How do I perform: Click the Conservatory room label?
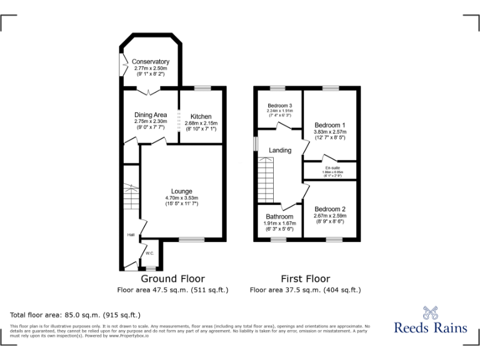pyautogui.click(x=151, y=62)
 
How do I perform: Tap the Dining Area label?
pyautogui.click(x=151, y=115)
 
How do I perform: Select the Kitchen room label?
pyautogui.click(x=201, y=117)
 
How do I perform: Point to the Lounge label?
pyautogui.click(x=182, y=191)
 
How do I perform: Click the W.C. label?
pyautogui.click(x=150, y=253)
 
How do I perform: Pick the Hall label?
pyautogui.click(x=131, y=235)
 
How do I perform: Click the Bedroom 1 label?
pyautogui.click(x=330, y=125)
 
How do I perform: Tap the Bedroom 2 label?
pyautogui.click(x=330, y=209)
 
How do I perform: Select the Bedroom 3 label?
pyautogui.click(x=280, y=105)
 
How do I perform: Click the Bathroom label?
pyautogui.click(x=279, y=217)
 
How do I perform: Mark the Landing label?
pyautogui.click(x=280, y=151)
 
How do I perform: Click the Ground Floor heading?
pyautogui.click(x=172, y=279)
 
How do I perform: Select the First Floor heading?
pyautogui.click(x=305, y=279)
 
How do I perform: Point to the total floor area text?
pyautogui.click(x=76, y=315)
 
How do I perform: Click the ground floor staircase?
pyautogui.click(x=130, y=198)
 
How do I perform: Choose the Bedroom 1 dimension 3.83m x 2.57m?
pyautogui.click(x=330, y=132)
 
